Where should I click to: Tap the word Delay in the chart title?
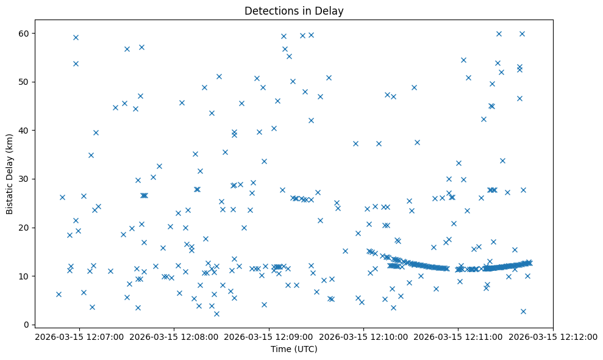pos(331,10)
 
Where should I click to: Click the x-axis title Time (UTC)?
pos(294,349)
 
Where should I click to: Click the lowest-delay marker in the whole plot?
pos(216,314)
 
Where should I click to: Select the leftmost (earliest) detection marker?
pos(59,294)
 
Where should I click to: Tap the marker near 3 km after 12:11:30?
pos(523,311)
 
